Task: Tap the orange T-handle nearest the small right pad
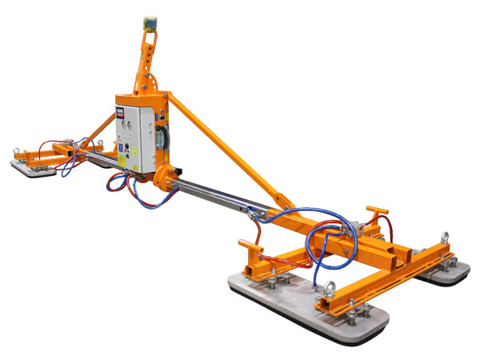coord(374,212)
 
